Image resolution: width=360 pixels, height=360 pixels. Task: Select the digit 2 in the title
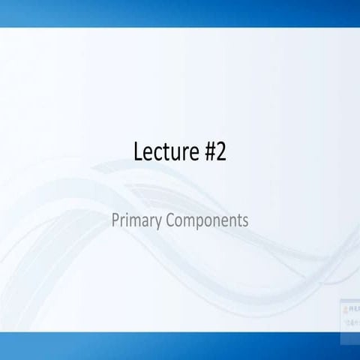(x=220, y=152)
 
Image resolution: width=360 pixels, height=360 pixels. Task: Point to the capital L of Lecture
(x=139, y=152)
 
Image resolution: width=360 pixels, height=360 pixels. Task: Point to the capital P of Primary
(x=115, y=221)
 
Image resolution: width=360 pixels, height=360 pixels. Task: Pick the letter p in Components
(x=196, y=223)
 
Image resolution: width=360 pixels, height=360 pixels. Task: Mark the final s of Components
(x=245, y=223)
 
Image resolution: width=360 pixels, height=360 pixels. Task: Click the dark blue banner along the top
(x=180, y=13)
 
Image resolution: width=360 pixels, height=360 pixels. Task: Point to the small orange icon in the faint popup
(x=346, y=307)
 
